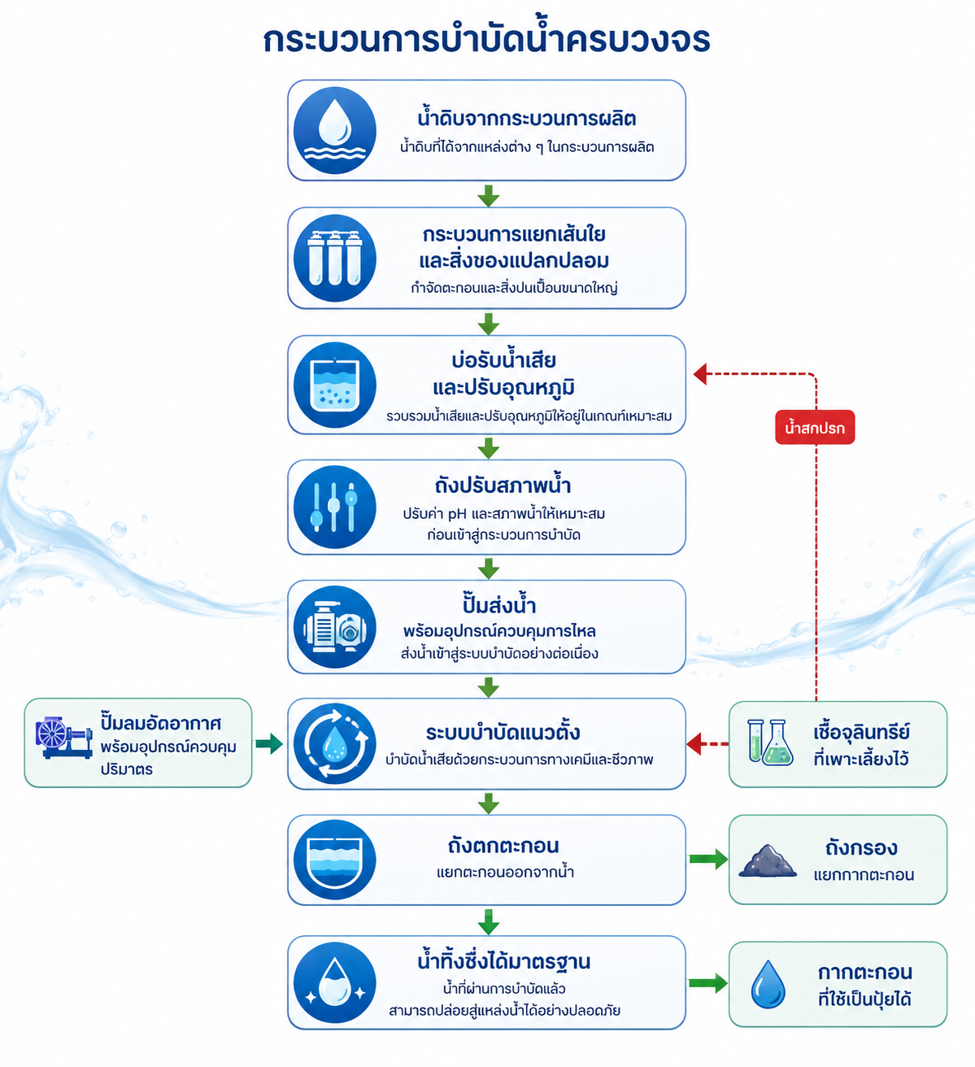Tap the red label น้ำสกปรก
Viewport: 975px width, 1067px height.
tap(815, 427)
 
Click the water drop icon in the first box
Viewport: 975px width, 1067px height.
tap(334, 130)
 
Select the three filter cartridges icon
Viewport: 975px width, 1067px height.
tap(334, 258)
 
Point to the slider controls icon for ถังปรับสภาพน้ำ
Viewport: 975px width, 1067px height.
tap(334, 507)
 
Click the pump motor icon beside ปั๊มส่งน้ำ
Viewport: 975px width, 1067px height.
tap(334, 627)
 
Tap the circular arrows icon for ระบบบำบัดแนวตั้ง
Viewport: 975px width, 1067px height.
tap(334, 743)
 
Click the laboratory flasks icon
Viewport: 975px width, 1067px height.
tap(770, 743)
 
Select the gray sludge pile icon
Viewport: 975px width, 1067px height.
tap(768, 860)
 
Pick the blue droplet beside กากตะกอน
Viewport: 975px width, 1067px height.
tap(768, 984)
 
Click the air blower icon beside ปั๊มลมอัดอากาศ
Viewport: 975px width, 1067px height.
tap(63, 737)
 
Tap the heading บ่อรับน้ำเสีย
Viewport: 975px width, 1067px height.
tap(503, 361)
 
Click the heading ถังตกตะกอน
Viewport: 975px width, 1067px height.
tap(503, 846)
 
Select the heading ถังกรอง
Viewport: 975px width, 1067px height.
tap(861, 848)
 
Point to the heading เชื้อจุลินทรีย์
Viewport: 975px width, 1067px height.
tap(861, 732)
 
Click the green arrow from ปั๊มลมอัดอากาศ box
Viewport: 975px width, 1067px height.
tap(269, 743)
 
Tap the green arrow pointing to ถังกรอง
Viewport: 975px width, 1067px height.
tap(708, 859)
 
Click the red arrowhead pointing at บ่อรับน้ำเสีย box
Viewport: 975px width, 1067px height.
tap(700, 374)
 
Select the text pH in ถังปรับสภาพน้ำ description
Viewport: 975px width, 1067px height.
tap(456, 514)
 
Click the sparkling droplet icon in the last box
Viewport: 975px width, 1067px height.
tap(334, 983)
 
